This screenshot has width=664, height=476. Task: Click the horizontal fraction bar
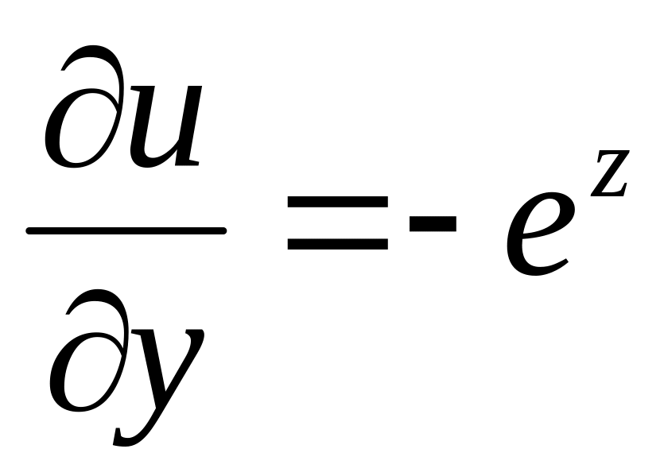127,231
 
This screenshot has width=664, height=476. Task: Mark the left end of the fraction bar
30,231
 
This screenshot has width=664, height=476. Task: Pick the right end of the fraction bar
223,231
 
